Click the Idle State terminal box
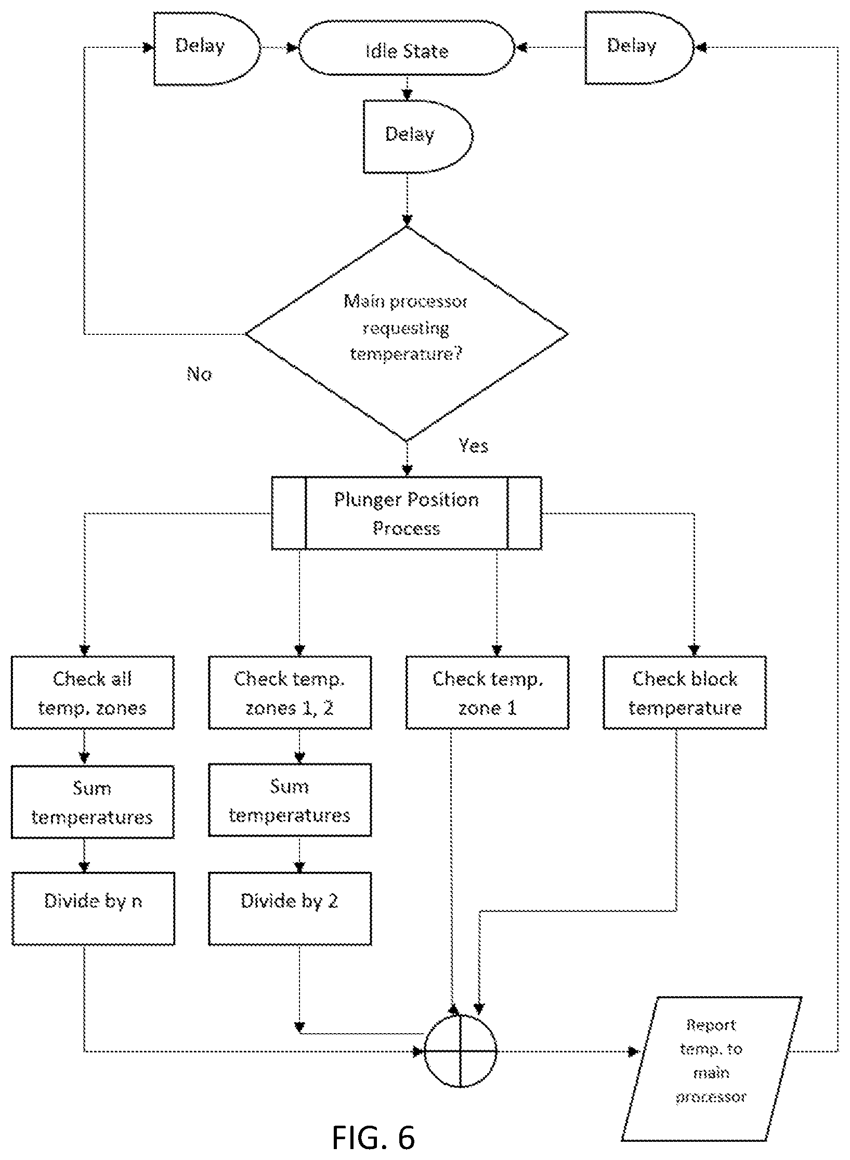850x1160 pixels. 406,48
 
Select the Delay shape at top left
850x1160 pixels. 206,48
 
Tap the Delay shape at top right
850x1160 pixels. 639,48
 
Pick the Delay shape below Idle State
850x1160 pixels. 417,136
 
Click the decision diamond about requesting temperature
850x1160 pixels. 407,334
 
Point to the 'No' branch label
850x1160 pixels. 199,374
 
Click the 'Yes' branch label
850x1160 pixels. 473,446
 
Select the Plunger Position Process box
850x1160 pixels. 407,513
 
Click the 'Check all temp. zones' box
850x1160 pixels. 93,693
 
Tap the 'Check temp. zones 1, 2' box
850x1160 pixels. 290,693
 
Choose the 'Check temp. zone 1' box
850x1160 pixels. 487,693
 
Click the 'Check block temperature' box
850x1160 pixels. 685,693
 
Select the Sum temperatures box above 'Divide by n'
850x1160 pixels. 93,802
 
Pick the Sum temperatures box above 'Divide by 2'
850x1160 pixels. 290,801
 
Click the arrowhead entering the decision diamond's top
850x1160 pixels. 407,220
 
